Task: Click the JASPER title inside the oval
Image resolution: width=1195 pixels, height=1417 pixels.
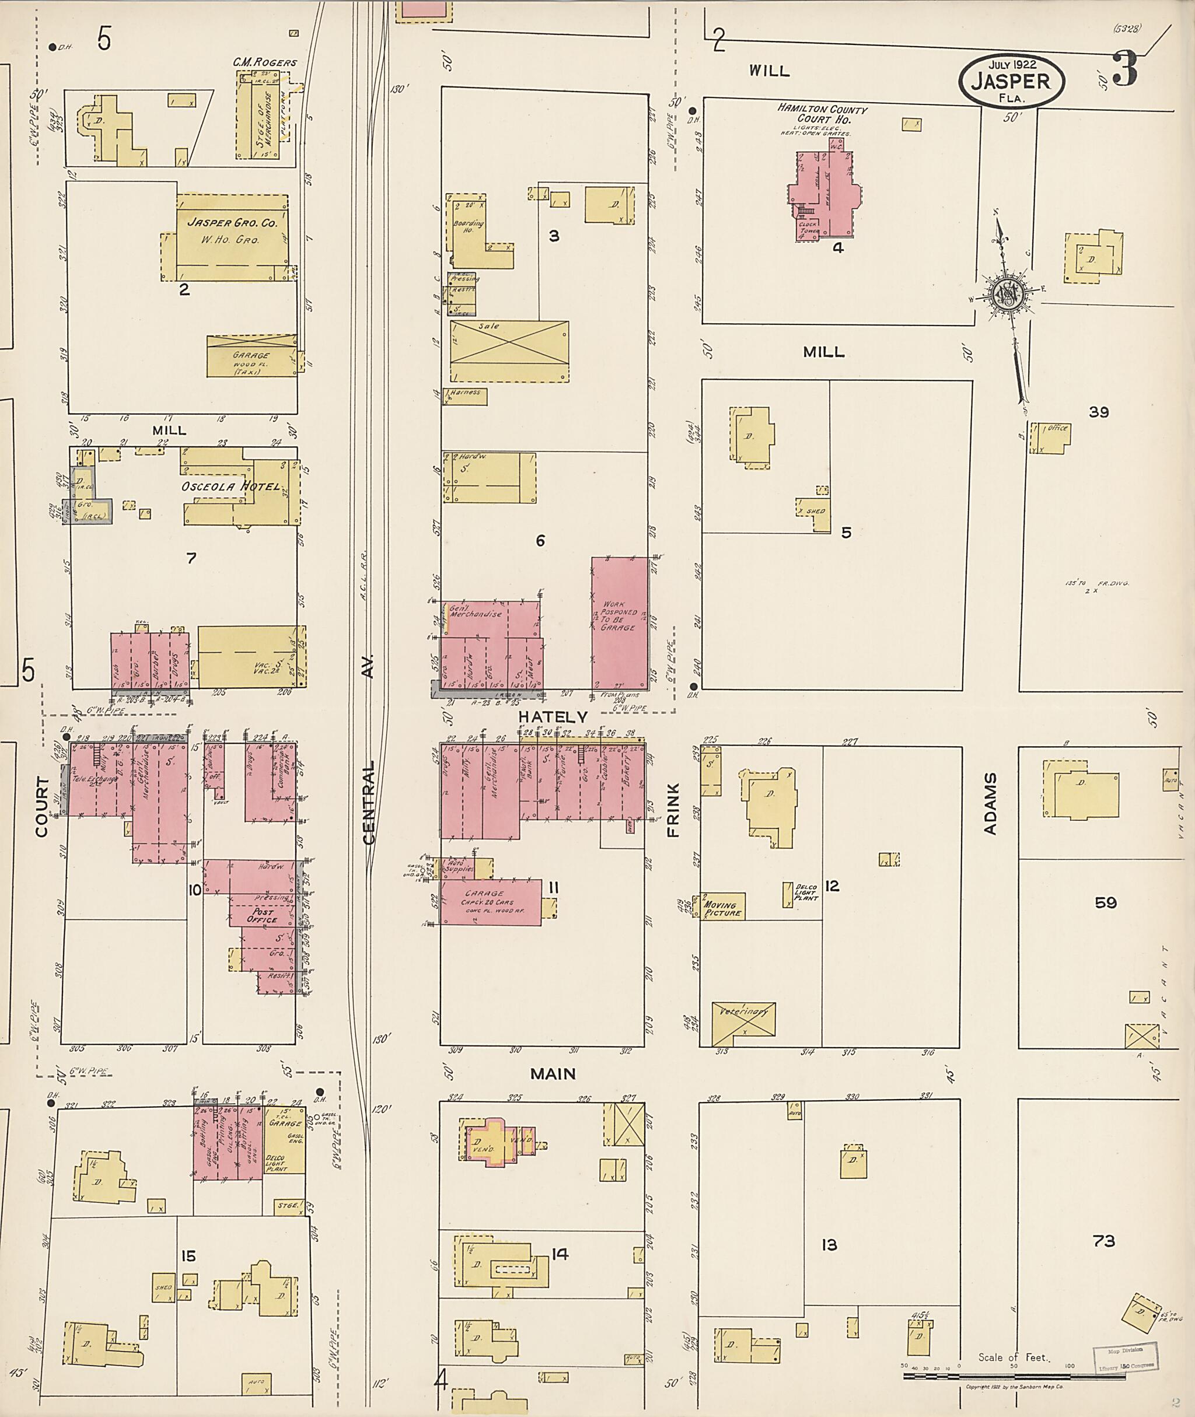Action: point(1011,82)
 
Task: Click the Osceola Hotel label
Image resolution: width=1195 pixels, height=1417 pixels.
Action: point(230,487)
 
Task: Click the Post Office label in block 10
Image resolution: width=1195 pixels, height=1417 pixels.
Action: point(262,916)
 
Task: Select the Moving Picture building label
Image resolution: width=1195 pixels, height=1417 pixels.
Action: point(723,909)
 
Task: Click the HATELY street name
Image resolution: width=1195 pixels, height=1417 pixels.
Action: point(554,716)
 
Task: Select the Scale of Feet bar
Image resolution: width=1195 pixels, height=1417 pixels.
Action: point(1012,1376)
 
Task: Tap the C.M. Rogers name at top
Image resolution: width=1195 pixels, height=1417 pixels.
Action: point(265,62)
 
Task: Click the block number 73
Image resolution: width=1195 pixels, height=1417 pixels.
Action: point(1103,1241)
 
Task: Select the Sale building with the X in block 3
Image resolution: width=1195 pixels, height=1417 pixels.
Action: point(509,352)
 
